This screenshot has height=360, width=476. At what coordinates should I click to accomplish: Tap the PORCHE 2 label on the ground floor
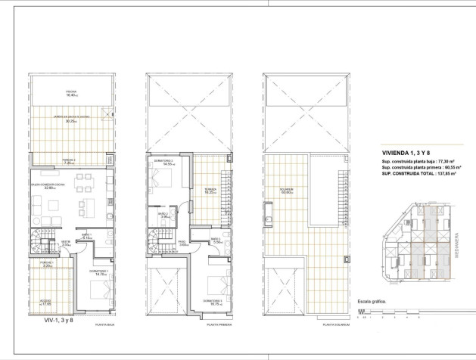68,161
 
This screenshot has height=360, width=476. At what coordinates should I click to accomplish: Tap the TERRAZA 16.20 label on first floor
210,191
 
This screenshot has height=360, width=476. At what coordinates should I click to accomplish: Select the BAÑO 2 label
163,216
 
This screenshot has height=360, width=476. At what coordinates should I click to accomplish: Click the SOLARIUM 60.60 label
285,191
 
